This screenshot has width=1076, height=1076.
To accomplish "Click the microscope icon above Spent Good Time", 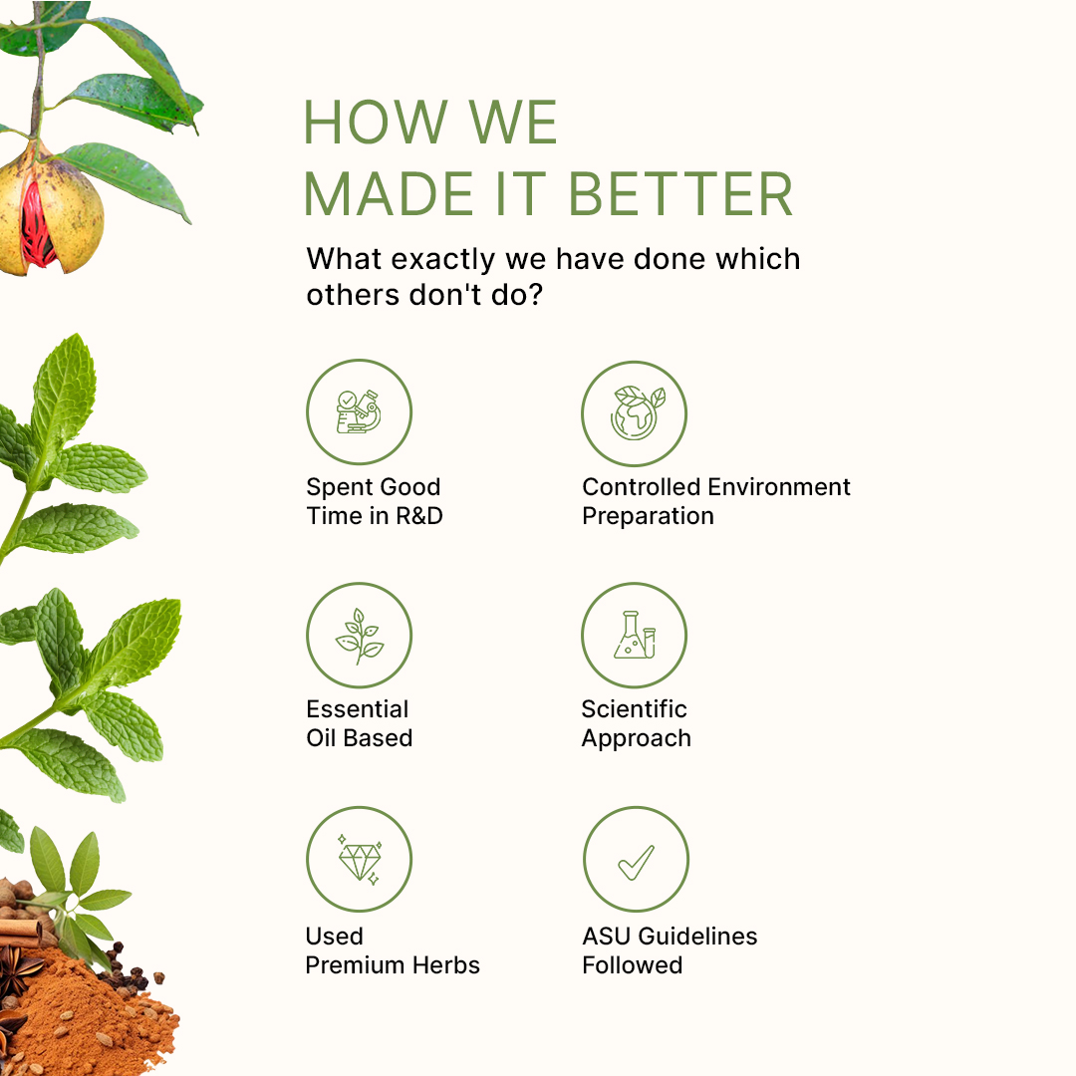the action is pos(359,411).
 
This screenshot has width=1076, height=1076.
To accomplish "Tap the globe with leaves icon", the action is pos(637,413).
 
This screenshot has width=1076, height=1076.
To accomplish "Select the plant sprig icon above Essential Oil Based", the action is pos(359,636).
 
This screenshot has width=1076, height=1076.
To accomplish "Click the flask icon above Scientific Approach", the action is pos(635,635).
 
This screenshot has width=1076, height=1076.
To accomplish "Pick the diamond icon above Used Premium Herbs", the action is pos(360,860).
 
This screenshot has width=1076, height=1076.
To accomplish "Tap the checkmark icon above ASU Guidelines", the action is pos(636,862).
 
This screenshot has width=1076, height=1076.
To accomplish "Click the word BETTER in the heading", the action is pos(680,194).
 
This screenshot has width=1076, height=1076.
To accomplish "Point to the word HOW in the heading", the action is pos(376,123).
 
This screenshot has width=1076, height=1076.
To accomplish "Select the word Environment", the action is pos(779,487).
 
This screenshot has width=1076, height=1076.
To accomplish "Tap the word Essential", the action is pos(357,709).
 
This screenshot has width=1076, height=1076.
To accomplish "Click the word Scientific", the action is pos(634,709).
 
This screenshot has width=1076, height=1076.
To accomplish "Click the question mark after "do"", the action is pos(535,295).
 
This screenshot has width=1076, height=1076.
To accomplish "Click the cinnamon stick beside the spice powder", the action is pos(20,933).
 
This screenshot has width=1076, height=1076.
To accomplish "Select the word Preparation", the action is pos(648,516).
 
